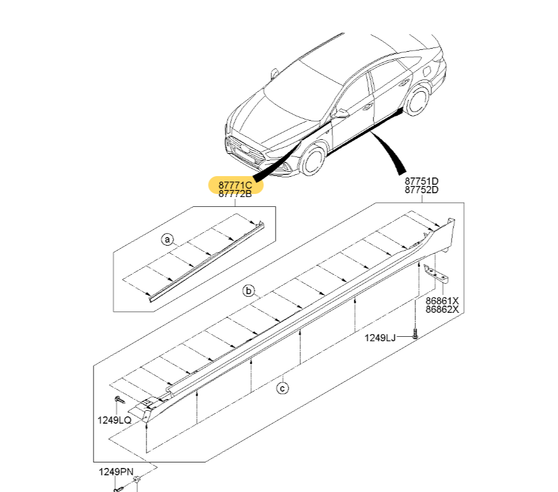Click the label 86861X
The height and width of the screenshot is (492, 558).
(x=442, y=301)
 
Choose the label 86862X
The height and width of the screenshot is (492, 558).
(x=442, y=310)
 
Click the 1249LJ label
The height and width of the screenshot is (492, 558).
(x=380, y=337)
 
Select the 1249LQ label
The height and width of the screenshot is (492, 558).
(x=114, y=420)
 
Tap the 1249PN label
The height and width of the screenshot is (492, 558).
(x=116, y=472)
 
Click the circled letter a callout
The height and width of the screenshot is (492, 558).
(x=167, y=240)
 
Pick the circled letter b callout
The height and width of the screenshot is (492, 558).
(x=249, y=291)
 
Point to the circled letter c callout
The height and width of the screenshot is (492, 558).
(x=282, y=388)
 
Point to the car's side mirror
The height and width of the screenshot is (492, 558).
(x=340, y=113)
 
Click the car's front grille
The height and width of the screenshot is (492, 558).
(x=242, y=151)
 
